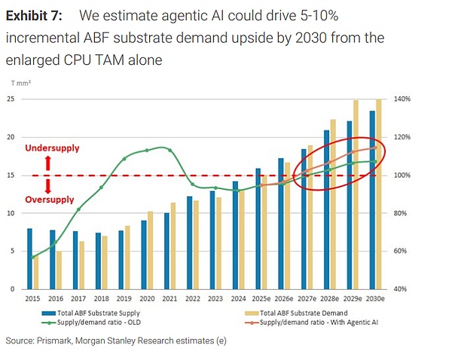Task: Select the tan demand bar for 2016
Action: coord(59,270)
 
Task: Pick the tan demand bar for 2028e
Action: coord(332,203)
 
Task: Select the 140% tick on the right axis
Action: coord(399,99)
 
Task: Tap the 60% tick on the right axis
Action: coord(399,251)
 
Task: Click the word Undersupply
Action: coord(51,148)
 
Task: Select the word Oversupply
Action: coord(50,200)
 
